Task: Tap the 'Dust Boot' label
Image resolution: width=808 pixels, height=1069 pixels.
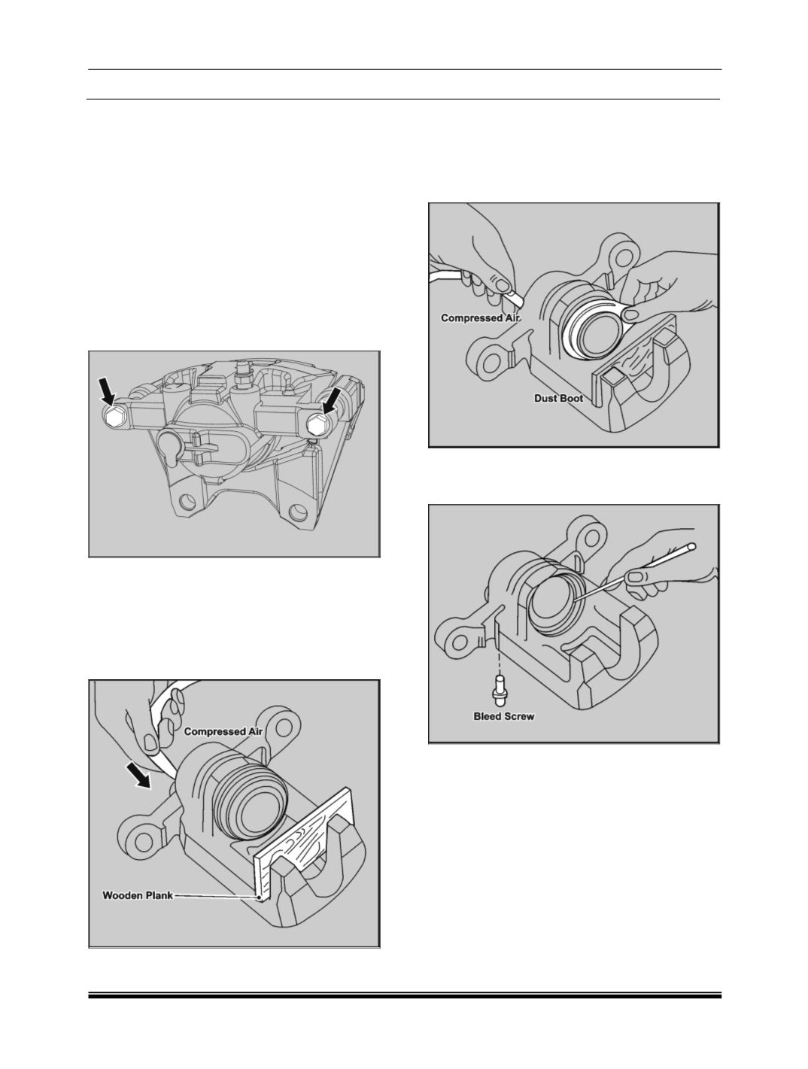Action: pos(559,398)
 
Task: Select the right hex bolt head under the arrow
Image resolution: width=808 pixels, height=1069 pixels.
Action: pos(317,427)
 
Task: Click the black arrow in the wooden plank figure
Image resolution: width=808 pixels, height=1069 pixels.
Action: pos(139,779)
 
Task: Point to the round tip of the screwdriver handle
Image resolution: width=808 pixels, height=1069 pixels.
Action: pos(692,548)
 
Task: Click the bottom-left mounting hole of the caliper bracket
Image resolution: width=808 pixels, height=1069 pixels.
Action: pos(186,500)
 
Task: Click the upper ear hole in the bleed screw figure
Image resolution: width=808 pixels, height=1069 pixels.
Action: pos(591,537)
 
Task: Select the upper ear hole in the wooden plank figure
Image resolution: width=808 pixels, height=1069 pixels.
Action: pos(284,729)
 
